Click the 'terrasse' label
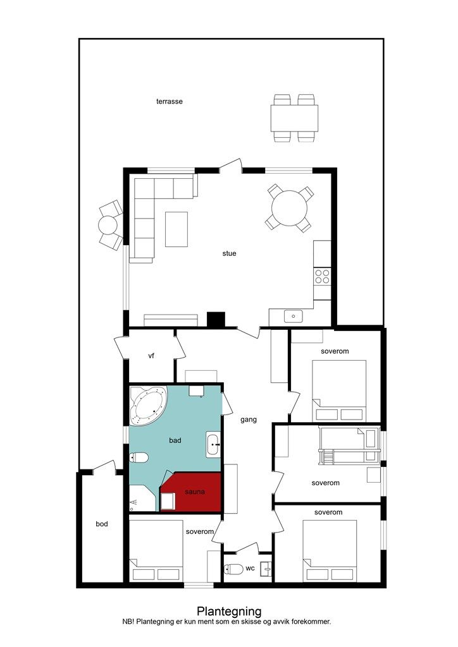point(170,101)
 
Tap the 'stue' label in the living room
point(229,253)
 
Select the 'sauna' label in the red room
point(195,492)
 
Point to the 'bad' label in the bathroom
point(175,440)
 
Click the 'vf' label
point(151,355)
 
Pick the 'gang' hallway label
point(249,420)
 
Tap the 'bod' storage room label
point(102,524)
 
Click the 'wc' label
point(251,568)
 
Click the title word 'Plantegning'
point(229,612)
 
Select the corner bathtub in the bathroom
point(147,406)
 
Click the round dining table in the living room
point(290,208)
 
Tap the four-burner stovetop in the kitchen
point(322,276)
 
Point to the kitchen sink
point(294,317)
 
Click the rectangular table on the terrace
point(294,118)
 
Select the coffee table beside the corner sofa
point(176,229)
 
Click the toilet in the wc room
point(234,569)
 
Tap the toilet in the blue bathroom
point(139,457)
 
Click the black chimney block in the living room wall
point(216,320)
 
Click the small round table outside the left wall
point(108,225)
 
